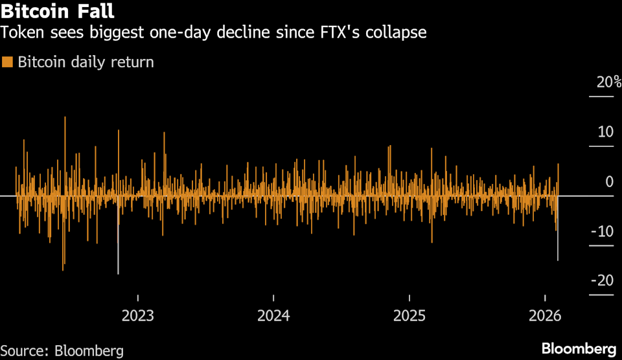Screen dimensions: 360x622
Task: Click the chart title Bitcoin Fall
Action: coord(58,11)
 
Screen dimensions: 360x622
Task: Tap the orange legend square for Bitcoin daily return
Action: coord(8,62)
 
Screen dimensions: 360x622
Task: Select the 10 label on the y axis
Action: coord(605,131)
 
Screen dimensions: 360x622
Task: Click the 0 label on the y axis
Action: coord(609,181)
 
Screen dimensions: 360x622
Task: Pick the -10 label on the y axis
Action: coord(602,231)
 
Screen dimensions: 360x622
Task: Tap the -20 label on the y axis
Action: coord(602,280)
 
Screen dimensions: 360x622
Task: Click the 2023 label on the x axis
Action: coord(137,315)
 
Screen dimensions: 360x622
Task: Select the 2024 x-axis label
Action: coord(273,315)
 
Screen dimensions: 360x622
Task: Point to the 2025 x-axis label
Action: coord(409,315)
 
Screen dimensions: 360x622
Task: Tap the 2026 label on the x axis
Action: coord(545,315)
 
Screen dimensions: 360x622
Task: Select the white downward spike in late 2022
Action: coord(118,246)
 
